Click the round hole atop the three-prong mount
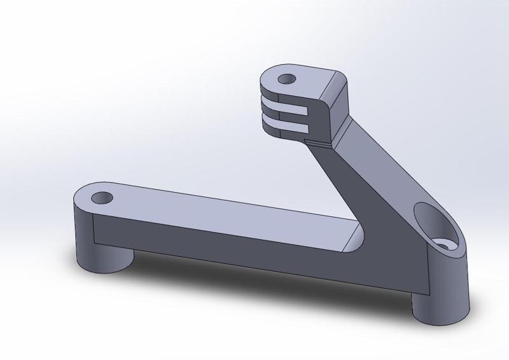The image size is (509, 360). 288,79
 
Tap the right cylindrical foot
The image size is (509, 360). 442,299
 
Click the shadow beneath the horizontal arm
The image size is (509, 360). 267,280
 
